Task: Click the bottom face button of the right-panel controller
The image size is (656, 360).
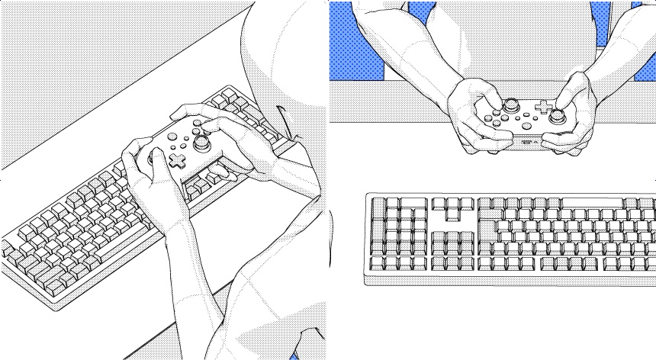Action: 497,122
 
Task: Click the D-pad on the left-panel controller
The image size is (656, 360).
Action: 177,160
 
